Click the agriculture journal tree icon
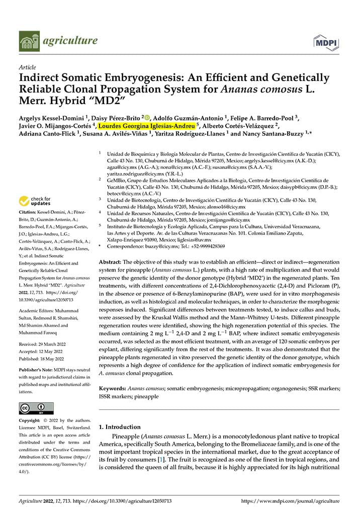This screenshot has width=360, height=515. tap(29, 41)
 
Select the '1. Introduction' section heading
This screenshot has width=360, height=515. tap(120, 426)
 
